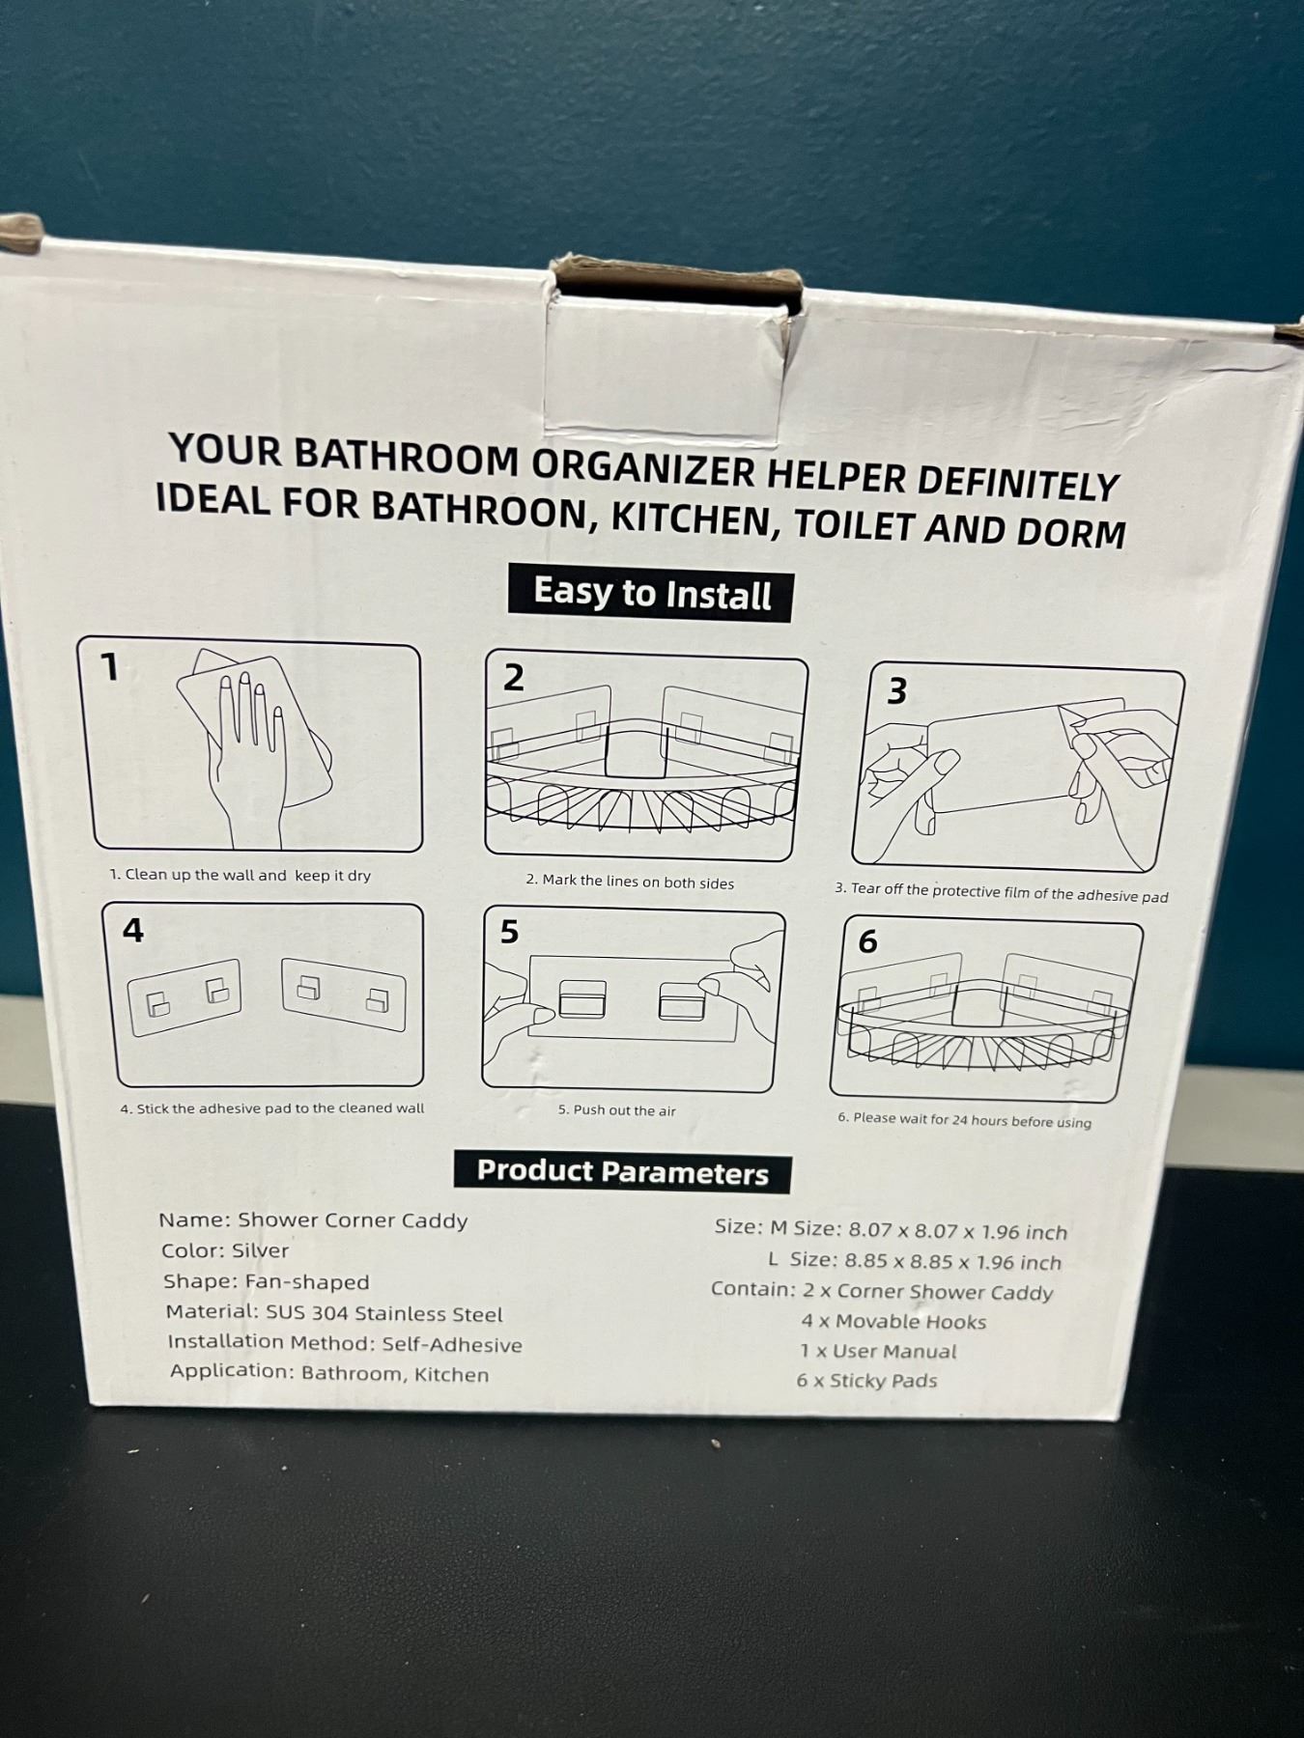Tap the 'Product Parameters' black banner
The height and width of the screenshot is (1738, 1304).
pyautogui.click(x=622, y=1172)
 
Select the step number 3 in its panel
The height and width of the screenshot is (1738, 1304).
pyautogui.click(x=896, y=690)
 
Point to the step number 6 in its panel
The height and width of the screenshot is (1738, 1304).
pyautogui.click(x=867, y=941)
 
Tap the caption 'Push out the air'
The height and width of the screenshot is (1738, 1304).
pyautogui.click(x=616, y=1110)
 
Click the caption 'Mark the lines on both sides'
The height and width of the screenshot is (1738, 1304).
pyautogui.click(x=630, y=881)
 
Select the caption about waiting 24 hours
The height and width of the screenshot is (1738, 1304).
pyautogui.click(x=964, y=1120)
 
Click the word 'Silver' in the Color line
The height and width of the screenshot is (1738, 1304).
pyautogui.click(x=260, y=1250)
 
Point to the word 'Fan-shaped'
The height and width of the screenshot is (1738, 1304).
pyautogui.click(x=307, y=1282)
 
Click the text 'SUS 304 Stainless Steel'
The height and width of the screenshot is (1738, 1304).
pyautogui.click(x=384, y=1314)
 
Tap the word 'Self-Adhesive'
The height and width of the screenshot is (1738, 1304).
pyautogui.click(x=452, y=1345)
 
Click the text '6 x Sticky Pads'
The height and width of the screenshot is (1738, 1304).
pyautogui.click(x=866, y=1381)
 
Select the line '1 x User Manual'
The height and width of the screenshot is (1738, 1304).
pyautogui.click(x=878, y=1352)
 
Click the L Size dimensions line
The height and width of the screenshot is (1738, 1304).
pyautogui.click(x=914, y=1261)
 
